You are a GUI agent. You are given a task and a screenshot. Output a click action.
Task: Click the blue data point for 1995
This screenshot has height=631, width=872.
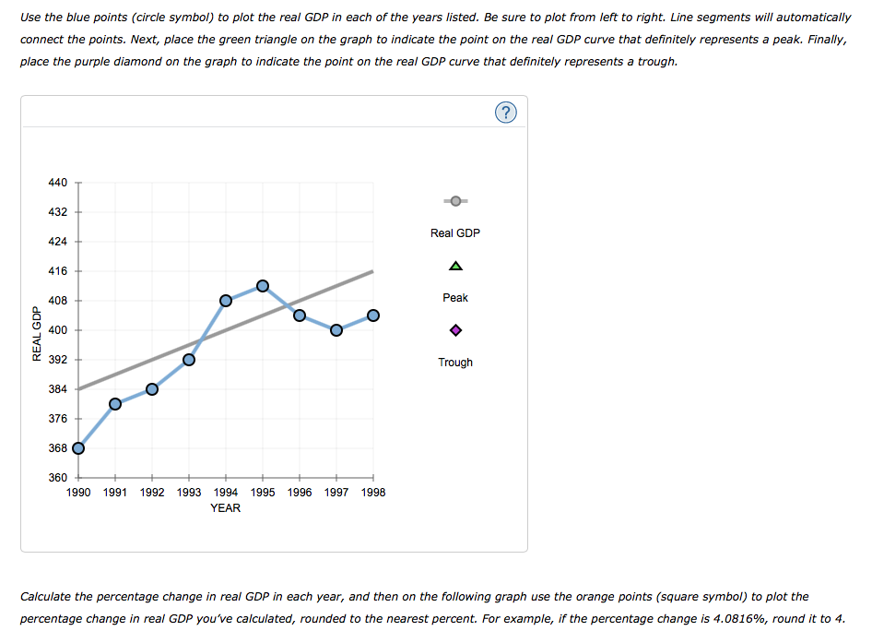tap(263, 286)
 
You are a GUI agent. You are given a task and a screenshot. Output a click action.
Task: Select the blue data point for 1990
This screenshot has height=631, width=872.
tap(78, 448)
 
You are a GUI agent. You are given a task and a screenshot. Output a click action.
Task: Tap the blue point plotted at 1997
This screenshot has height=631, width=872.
tap(336, 330)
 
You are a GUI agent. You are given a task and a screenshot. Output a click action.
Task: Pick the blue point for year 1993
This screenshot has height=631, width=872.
tap(189, 360)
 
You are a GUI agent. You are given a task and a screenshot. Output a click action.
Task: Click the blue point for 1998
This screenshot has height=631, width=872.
tap(373, 315)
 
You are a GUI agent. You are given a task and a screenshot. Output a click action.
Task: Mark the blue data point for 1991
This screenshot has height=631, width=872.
tap(115, 404)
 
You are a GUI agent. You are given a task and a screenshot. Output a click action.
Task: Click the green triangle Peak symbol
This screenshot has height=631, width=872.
tap(455, 266)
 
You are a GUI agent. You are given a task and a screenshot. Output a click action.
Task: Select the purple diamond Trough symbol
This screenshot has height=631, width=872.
tap(455, 330)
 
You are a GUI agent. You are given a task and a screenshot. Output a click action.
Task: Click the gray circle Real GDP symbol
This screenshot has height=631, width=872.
tap(455, 201)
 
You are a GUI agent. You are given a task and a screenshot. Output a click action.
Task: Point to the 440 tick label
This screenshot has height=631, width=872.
tap(57, 183)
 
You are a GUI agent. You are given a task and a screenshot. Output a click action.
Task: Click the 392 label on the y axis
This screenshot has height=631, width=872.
tap(57, 360)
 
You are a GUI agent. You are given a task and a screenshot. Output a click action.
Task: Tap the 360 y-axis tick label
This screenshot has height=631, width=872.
tap(57, 478)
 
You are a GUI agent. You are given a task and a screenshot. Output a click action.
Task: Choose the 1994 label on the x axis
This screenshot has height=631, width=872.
tap(226, 493)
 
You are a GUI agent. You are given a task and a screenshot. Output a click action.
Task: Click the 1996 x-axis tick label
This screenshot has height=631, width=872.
tap(300, 493)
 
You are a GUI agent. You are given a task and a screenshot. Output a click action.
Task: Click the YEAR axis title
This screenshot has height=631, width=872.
tap(225, 508)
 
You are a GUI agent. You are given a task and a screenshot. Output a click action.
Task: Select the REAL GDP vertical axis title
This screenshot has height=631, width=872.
tap(37, 333)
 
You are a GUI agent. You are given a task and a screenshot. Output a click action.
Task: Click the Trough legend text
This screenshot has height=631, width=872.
tap(455, 363)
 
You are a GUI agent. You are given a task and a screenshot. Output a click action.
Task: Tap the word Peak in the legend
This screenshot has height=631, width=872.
tap(455, 298)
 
